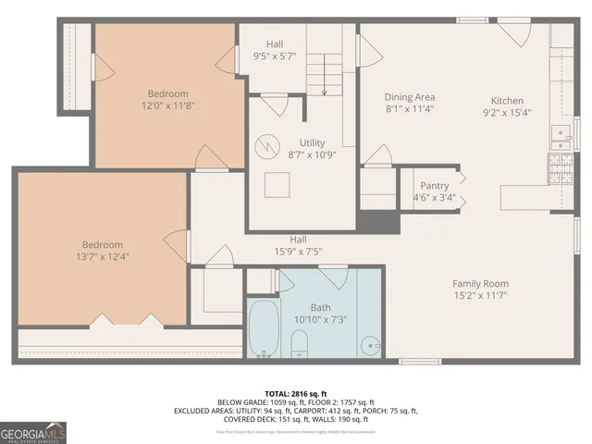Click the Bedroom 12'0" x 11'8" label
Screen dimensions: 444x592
167,99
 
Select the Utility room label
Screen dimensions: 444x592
312,149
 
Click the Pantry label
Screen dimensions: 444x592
434,191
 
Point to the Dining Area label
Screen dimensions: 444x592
410,103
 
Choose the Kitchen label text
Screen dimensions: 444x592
507,106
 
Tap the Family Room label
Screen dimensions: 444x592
480,290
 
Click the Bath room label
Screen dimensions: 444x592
321,313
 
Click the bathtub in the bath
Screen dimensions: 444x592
263,329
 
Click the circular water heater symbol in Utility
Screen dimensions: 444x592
267,146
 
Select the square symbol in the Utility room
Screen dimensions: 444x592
276,185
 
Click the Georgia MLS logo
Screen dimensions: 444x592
33,432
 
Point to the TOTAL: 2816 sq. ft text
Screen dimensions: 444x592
295,392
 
